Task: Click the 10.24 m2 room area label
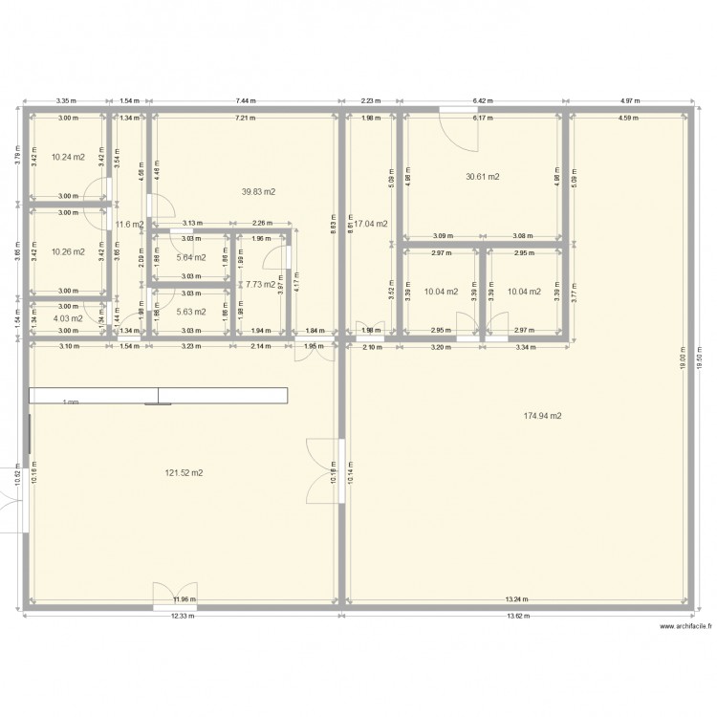pos(68,157)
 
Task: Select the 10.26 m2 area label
pos(68,252)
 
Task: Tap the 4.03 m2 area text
pos(68,318)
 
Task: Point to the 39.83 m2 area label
pos(258,191)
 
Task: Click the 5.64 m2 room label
pos(191,256)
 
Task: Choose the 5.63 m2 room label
pos(191,311)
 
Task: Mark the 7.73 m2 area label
pos(259,284)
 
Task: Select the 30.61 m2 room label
pos(483,177)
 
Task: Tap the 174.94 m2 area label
pos(542,416)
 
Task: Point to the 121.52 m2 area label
pos(184,472)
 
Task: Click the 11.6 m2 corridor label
pos(129,225)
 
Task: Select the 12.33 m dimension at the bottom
pos(183,616)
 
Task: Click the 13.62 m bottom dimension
pos(515,616)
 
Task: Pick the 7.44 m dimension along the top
pos(245,99)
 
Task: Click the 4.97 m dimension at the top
pos(628,99)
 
